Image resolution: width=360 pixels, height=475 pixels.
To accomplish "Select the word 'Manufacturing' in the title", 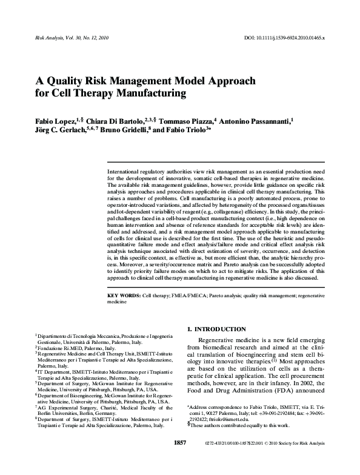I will (147, 93).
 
